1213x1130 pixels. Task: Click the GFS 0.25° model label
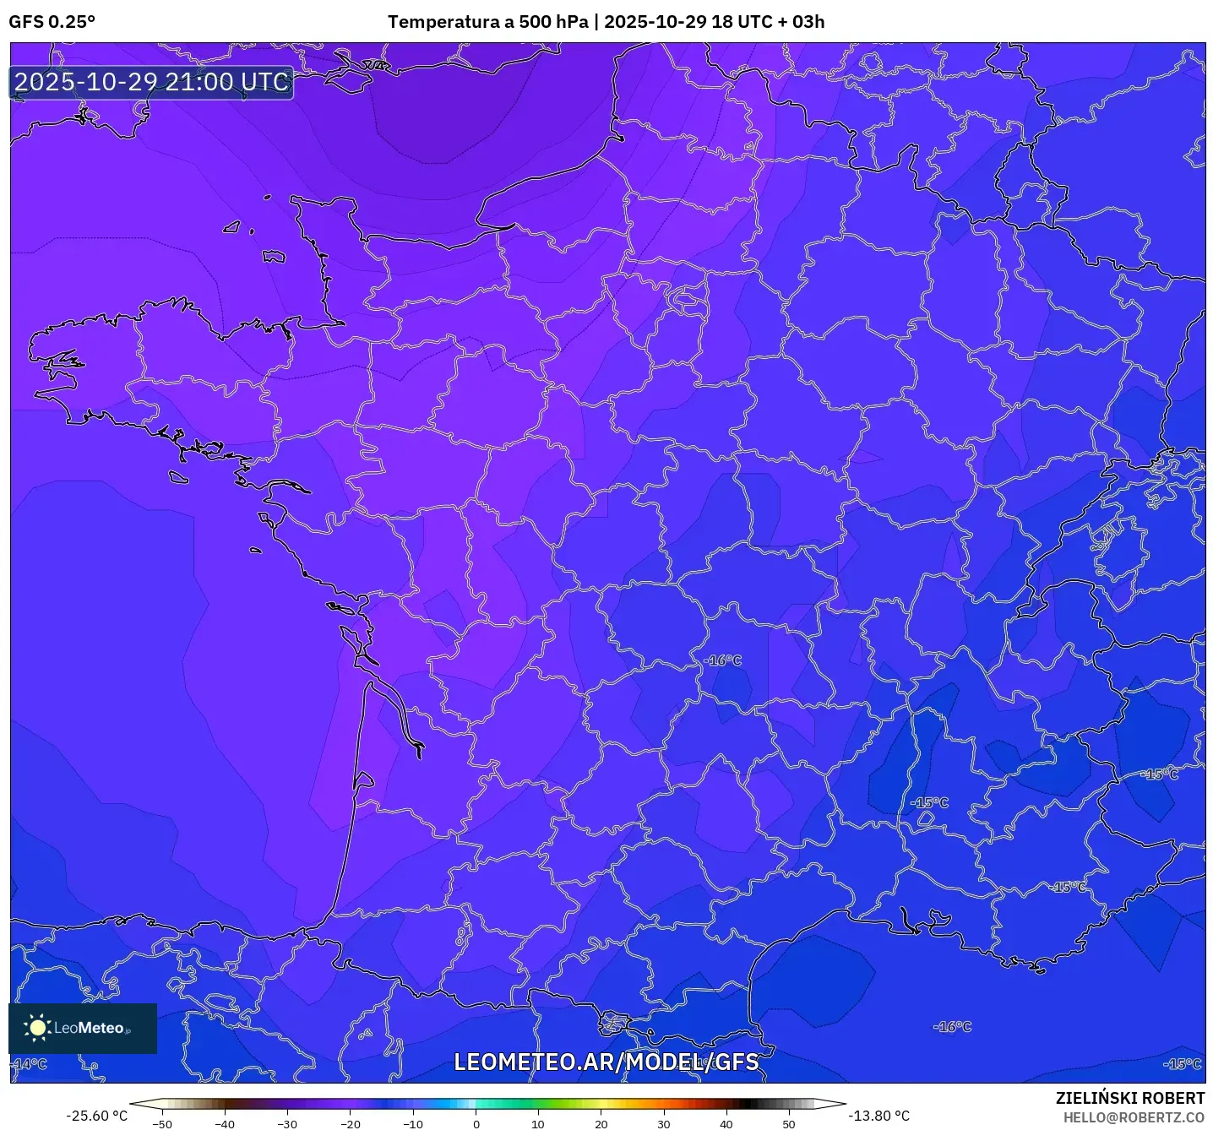click(x=52, y=22)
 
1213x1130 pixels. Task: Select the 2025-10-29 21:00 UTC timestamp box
click(x=152, y=82)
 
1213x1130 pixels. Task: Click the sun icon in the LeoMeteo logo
click(x=37, y=1027)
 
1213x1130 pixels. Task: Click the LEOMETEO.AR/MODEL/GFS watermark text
click(x=606, y=1062)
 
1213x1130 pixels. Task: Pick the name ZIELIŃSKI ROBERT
click(x=1129, y=1098)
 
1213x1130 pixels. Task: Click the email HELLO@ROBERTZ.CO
click(x=1133, y=1117)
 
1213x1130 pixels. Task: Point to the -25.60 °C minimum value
click(x=97, y=1116)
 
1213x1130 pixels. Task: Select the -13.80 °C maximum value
click(x=878, y=1116)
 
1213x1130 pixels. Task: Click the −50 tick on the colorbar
click(x=161, y=1123)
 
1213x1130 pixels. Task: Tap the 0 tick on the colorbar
click(x=476, y=1123)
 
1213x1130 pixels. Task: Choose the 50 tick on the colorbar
click(x=788, y=1123)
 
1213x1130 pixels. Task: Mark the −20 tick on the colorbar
click(x=350, y=1123)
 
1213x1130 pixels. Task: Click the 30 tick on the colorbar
click(x=663, y=1123)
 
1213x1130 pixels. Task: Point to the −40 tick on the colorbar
click(x=224, y=1123)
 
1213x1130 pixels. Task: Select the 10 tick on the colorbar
click(x=538, y=1123)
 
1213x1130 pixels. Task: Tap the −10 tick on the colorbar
click(x=412, y=1123)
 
